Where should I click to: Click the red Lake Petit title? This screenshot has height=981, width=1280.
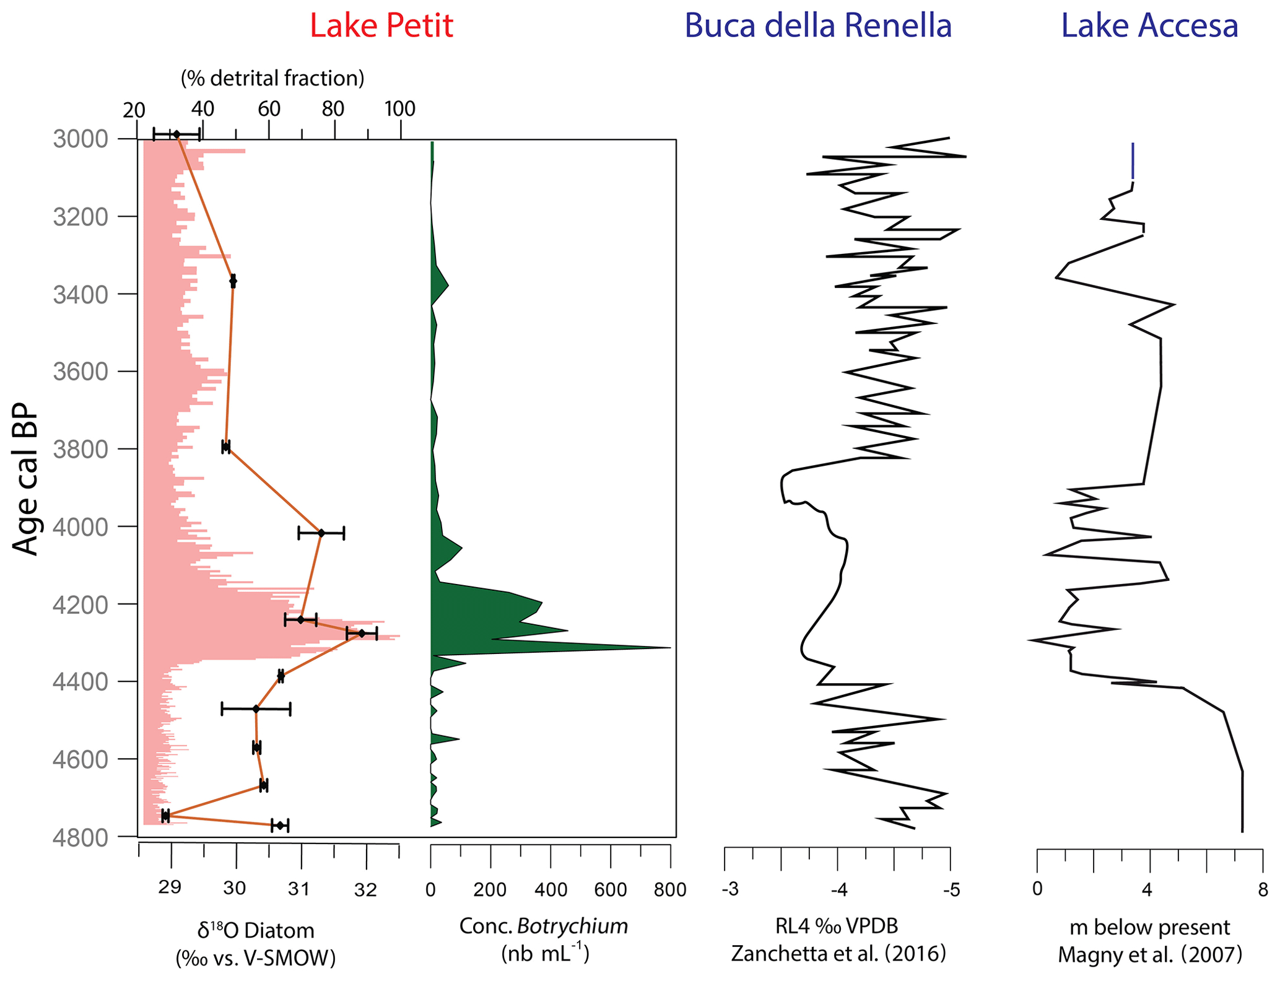(381, 26)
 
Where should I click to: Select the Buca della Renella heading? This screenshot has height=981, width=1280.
(817, 26)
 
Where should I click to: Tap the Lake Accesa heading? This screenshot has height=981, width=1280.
(1149, 26)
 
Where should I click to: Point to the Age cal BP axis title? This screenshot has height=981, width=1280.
(25, 480)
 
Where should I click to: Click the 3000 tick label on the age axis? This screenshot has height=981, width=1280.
(81, 139)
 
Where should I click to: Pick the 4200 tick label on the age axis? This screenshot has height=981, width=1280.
(81, 604)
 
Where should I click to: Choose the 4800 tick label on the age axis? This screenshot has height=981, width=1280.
(81, 837)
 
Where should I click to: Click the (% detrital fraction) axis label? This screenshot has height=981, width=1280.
(272, 78)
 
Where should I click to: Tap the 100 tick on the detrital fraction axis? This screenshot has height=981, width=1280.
(399, 109)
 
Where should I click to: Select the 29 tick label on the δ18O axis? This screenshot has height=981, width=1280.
(170, 889)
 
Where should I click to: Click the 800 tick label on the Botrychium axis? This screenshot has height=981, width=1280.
(669, 890)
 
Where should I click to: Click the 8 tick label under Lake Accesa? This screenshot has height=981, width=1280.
(1263, 890)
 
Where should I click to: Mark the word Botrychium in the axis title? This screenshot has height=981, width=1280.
(572, 926)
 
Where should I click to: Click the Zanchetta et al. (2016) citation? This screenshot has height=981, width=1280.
(838, 953)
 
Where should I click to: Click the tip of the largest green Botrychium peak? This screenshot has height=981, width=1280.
(669, 648)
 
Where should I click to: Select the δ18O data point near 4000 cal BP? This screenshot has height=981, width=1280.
(321, 533)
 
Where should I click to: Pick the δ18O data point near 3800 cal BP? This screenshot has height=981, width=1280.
(226, 446)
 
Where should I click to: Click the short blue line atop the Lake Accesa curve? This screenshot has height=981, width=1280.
(1133, 161)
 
